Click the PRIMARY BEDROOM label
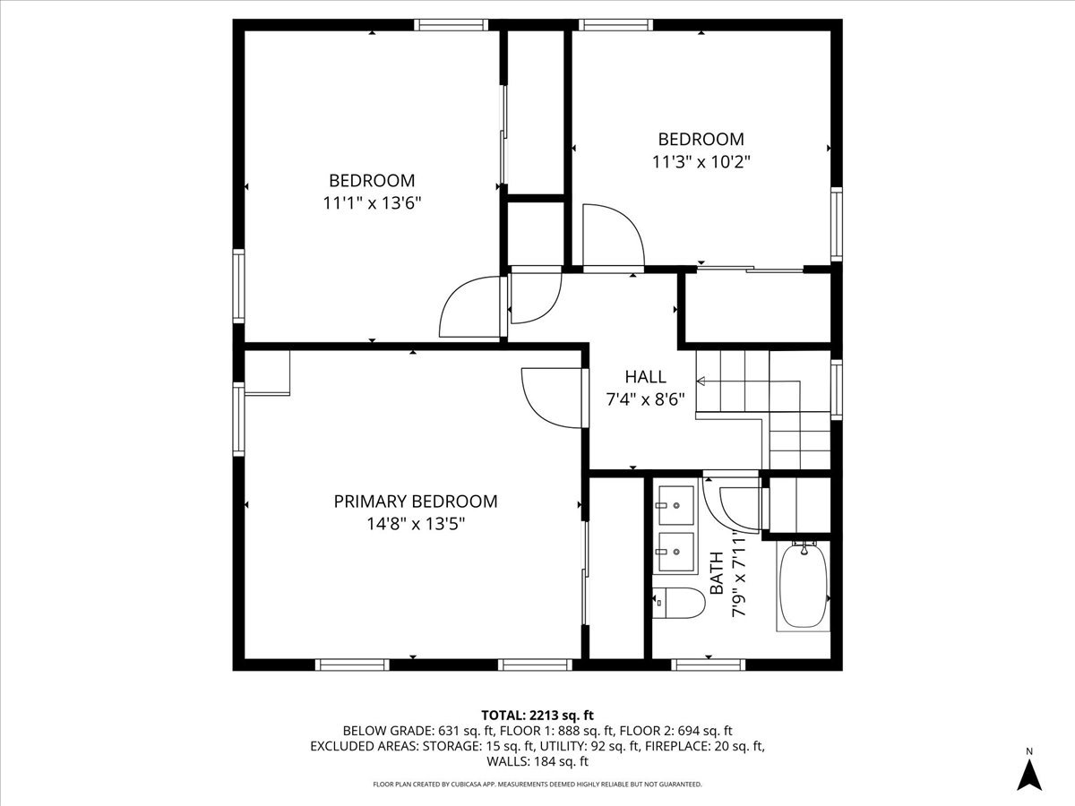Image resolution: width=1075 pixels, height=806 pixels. [415, 502]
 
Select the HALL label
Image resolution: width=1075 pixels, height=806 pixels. [645, 377]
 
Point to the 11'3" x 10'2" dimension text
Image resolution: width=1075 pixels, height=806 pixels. [701, 162]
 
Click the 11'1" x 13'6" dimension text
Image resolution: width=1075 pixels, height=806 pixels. [372, 203]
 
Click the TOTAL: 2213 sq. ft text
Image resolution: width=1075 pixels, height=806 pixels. [537, 715]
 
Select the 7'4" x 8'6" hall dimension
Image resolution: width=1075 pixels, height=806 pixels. [645, 399]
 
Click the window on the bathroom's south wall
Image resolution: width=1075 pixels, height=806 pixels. [708, 665]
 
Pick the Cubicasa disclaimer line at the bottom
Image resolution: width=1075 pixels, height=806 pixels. [537, 785]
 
